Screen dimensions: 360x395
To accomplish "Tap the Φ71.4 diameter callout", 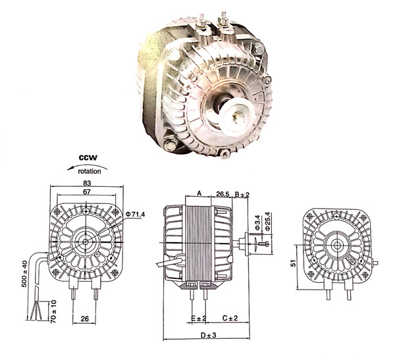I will point(135,215).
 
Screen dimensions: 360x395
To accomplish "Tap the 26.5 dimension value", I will point(223,195).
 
